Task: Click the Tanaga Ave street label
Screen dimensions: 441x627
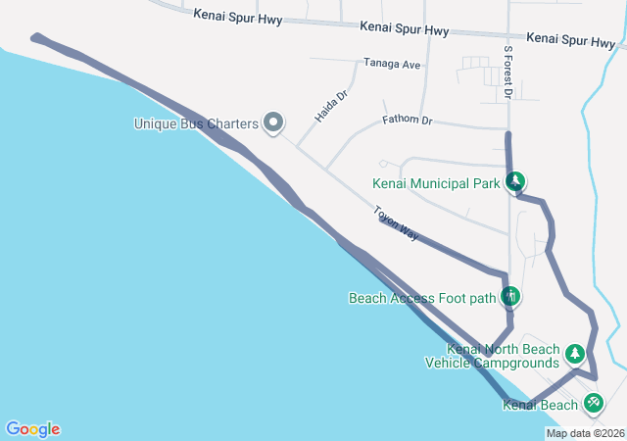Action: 392,64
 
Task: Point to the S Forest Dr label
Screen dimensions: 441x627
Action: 507,72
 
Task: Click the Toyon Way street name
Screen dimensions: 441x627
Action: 395,223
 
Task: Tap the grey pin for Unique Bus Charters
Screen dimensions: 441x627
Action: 274,122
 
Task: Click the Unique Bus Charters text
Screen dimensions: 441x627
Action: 195,123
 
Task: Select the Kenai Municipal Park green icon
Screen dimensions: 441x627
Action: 515,181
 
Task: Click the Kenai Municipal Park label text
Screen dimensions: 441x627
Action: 437,182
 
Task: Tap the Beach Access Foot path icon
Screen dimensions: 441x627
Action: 509,296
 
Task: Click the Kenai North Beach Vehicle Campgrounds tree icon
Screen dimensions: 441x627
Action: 576,354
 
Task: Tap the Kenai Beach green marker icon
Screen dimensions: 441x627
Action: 593,402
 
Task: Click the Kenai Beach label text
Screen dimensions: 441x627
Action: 540,405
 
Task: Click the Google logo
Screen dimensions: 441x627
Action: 32,429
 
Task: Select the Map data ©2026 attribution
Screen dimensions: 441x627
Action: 584,433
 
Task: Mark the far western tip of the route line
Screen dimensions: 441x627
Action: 35,38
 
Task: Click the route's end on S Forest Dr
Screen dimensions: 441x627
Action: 507,134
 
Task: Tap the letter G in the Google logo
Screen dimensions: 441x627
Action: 14,429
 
